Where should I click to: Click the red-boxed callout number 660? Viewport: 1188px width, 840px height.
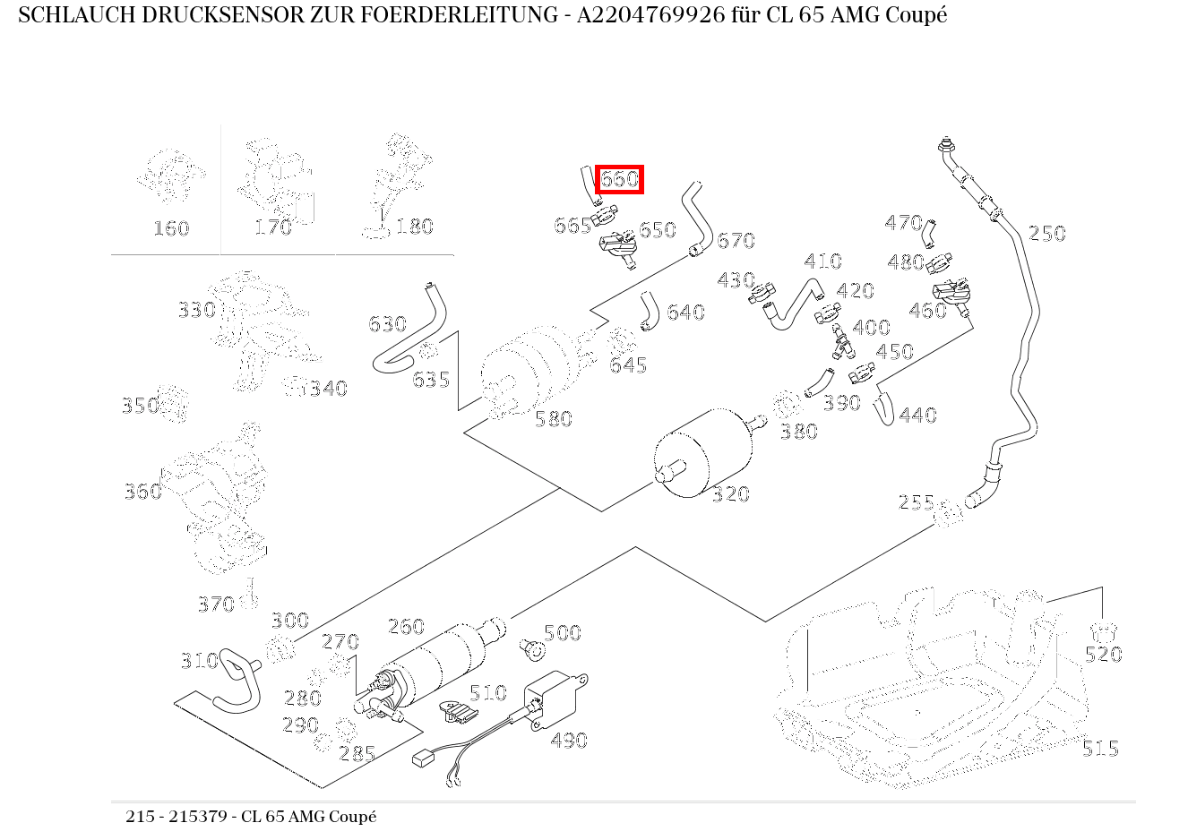[x=619, y=179]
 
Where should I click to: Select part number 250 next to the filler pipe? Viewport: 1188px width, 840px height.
[x=1046, y=234]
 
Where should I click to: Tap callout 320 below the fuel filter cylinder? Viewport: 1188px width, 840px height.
[x=730, y=494]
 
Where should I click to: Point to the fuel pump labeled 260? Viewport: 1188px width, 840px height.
[x=439, y=663]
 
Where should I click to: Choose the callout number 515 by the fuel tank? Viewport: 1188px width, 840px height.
[x=1099, y=749]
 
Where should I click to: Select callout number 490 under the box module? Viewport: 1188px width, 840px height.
[x=569, y=741]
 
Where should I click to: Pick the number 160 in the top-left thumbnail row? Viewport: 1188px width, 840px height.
[x=170, y=228]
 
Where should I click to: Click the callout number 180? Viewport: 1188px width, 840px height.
[x=414, y=227]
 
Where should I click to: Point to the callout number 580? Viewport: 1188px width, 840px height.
[x=553, y=419]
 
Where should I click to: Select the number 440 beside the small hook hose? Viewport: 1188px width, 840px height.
[x=917, y=416]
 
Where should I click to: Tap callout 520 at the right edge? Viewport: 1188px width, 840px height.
[x=1103, y=655]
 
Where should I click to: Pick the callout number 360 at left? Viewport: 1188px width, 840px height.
[x=142, y=491]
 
